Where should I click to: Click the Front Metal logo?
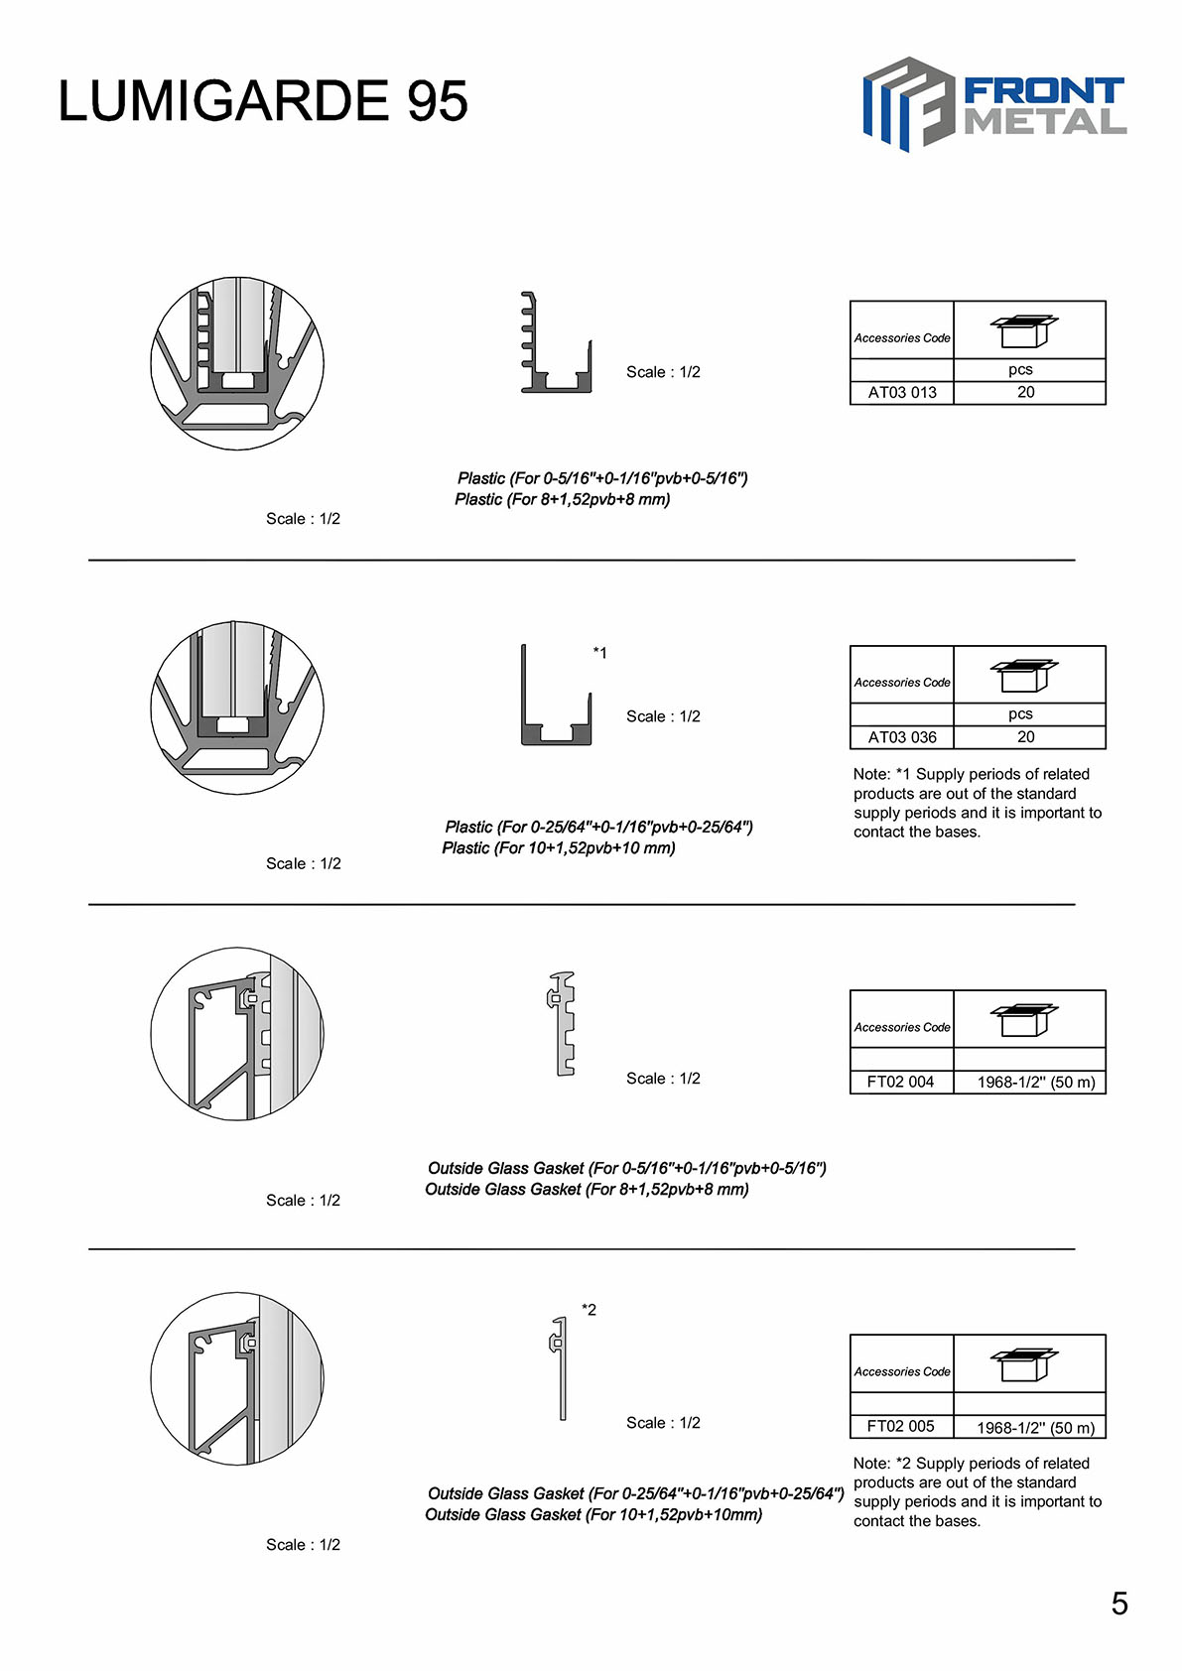pos(993,104)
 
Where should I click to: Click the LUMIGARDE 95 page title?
pos(263,101)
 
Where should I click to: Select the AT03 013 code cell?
pos(902,392)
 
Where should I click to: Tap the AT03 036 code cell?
pos(902,737)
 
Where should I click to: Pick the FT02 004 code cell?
pos(900,1082)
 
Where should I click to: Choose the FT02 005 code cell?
pos(900,1426)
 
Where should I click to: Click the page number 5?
pos(1119,1604)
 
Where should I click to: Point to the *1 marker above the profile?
pos(599,653)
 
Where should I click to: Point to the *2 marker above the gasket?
pos(589,1310)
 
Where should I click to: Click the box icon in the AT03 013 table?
pos(1024,330)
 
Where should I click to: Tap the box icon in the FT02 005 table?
pos(1024,1364)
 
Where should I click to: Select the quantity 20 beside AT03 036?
pos(1026,737)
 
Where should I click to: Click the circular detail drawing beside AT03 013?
pos(237,363)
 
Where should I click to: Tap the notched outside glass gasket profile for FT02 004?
pos(563,1023)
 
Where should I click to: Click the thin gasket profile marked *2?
pos(560,1367)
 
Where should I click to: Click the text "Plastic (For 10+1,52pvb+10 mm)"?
pos(559,847)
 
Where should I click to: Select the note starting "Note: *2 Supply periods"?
pos(977,1491)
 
